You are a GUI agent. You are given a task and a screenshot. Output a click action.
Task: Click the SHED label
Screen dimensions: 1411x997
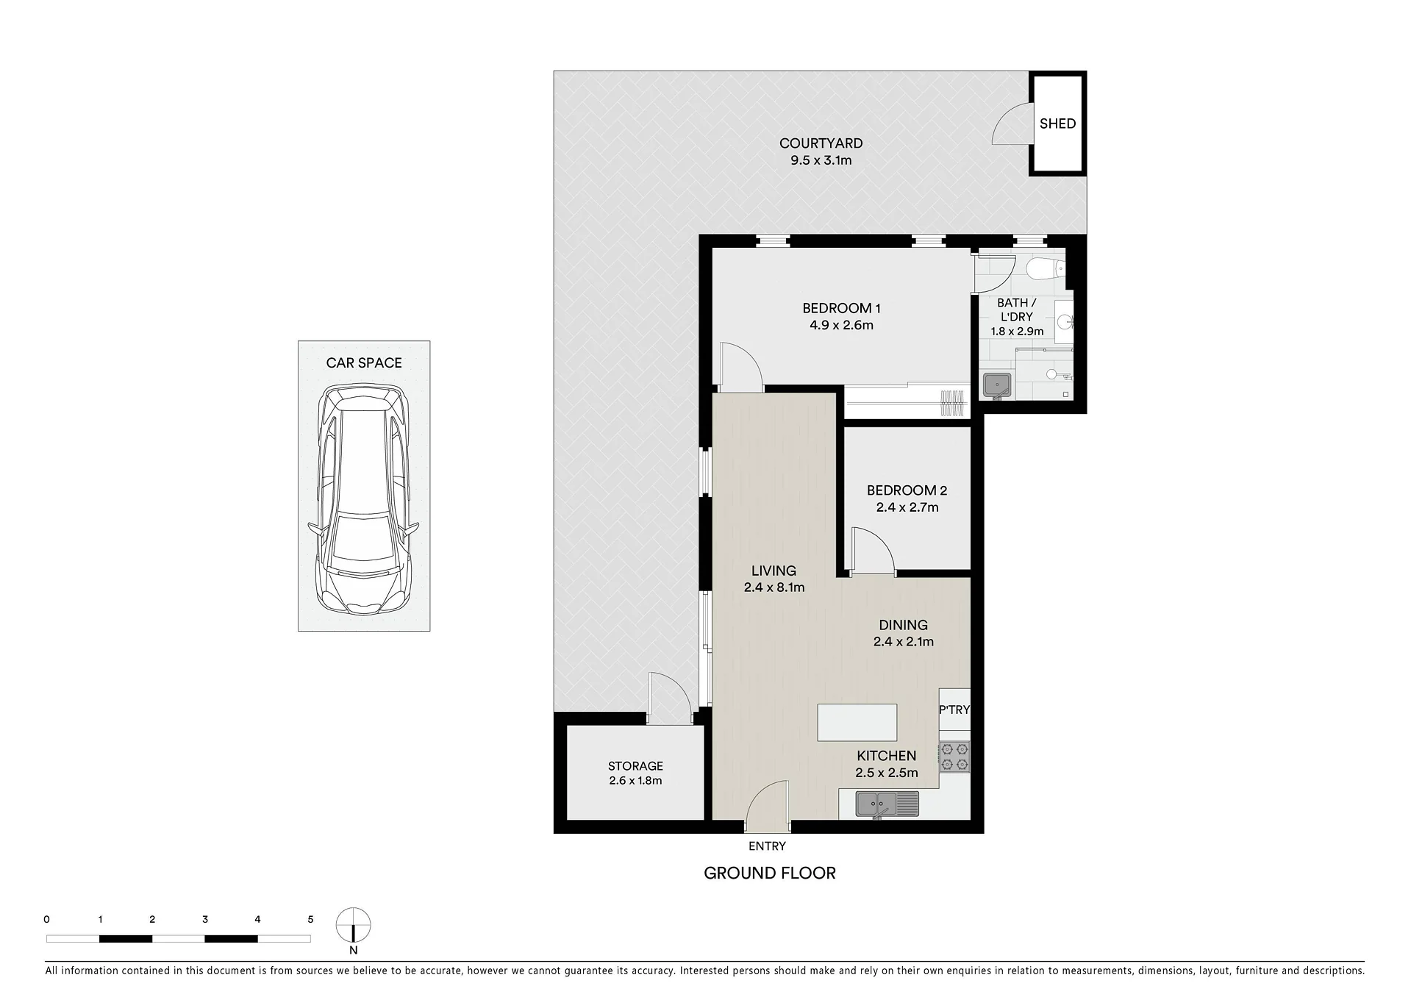click(1057, 124)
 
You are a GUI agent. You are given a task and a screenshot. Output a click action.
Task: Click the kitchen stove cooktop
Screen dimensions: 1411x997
click(954, 757)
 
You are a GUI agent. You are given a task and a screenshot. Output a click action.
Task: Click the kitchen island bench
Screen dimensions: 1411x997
click(857, 722)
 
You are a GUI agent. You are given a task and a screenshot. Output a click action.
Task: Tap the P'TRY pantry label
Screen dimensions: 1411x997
click(954, 710)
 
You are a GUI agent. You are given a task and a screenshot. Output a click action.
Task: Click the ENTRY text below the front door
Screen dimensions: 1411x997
click(767, 846)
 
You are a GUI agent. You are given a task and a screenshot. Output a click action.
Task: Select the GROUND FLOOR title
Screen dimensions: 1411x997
click(770, 873)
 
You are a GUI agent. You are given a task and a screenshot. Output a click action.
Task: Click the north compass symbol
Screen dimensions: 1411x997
click(353, 925)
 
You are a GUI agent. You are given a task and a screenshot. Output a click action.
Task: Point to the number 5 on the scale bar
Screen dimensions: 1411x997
click(310, 919)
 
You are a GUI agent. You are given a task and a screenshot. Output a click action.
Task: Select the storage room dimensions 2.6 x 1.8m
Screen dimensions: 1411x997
click(635, 781)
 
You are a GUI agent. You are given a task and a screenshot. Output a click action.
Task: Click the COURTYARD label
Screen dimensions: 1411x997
click(821, 143)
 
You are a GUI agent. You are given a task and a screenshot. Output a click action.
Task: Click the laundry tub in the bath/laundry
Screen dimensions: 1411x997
click(997, 385)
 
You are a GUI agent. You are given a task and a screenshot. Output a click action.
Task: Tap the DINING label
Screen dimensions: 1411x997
click(903, 625)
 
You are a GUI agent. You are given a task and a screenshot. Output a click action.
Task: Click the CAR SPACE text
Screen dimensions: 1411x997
click(364, 362)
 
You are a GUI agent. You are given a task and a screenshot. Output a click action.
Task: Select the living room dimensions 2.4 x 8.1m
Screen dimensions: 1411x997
click(774, 587)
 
